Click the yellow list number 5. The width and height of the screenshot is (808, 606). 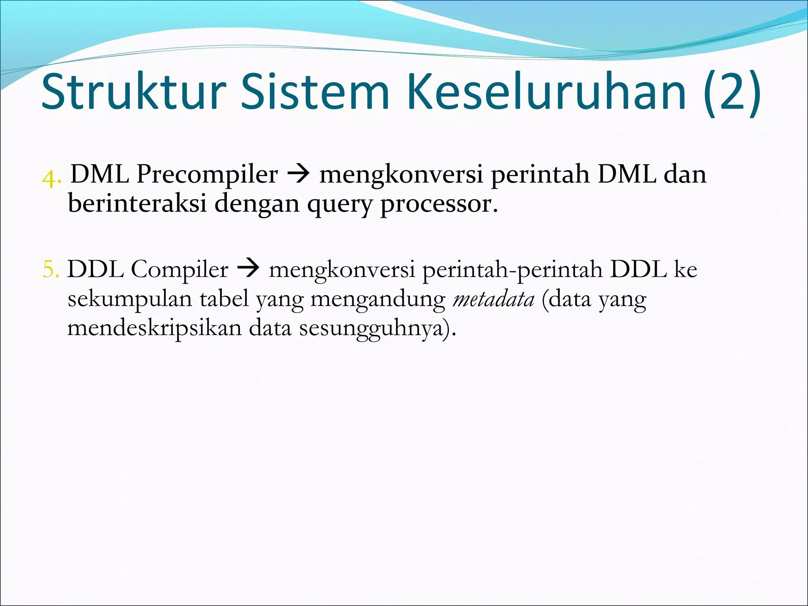51,271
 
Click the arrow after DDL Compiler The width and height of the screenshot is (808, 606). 248,270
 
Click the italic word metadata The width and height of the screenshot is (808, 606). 494,299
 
